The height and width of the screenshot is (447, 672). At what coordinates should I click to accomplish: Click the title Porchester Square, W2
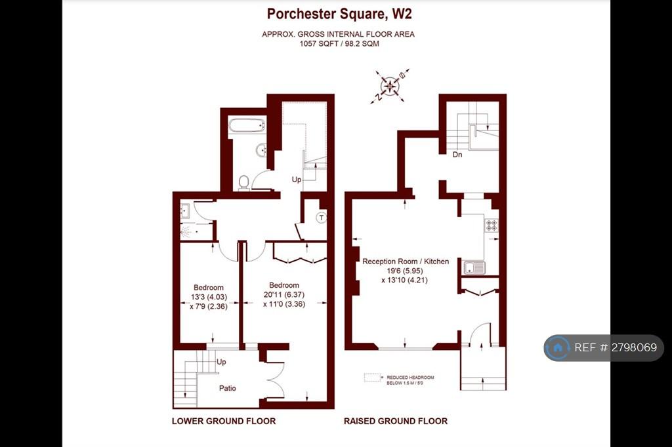(x=339, y=14)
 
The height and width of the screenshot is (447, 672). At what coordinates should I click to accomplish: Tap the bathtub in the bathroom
(x=246, y=126)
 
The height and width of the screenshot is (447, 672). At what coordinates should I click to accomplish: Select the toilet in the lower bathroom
(x=244, y=183)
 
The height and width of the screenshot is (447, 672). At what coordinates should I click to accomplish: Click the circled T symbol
(x=322, y=218)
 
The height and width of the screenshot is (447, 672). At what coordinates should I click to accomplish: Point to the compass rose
(x=390, y=86)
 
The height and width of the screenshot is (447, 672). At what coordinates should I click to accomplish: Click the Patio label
(x=228, y=389)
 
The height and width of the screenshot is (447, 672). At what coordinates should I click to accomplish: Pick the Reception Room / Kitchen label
(x=406, y=261)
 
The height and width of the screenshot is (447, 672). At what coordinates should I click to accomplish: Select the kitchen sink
(x=474, y=268)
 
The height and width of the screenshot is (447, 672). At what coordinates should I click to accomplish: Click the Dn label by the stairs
(x=457, y=155)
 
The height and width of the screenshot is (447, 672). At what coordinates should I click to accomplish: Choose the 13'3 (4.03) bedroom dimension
(x=209, y=297)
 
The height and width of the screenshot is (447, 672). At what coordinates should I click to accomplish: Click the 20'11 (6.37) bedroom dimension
(x=283, y=294)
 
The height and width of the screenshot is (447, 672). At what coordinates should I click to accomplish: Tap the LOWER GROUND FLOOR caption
(x=224, y=421)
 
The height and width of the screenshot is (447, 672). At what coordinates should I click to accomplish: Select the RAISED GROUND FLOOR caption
(x=396, y=421)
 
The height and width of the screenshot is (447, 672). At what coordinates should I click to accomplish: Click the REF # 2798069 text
(x=616, y=347)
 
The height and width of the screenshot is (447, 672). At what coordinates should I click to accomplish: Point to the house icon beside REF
(x=558, y=347)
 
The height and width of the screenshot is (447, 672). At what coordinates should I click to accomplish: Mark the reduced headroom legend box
(x=373, y=378)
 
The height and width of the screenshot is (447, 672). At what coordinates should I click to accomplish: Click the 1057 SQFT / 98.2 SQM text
(x=339, y=44)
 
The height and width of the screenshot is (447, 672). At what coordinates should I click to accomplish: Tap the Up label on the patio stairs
(x=221, y=362)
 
